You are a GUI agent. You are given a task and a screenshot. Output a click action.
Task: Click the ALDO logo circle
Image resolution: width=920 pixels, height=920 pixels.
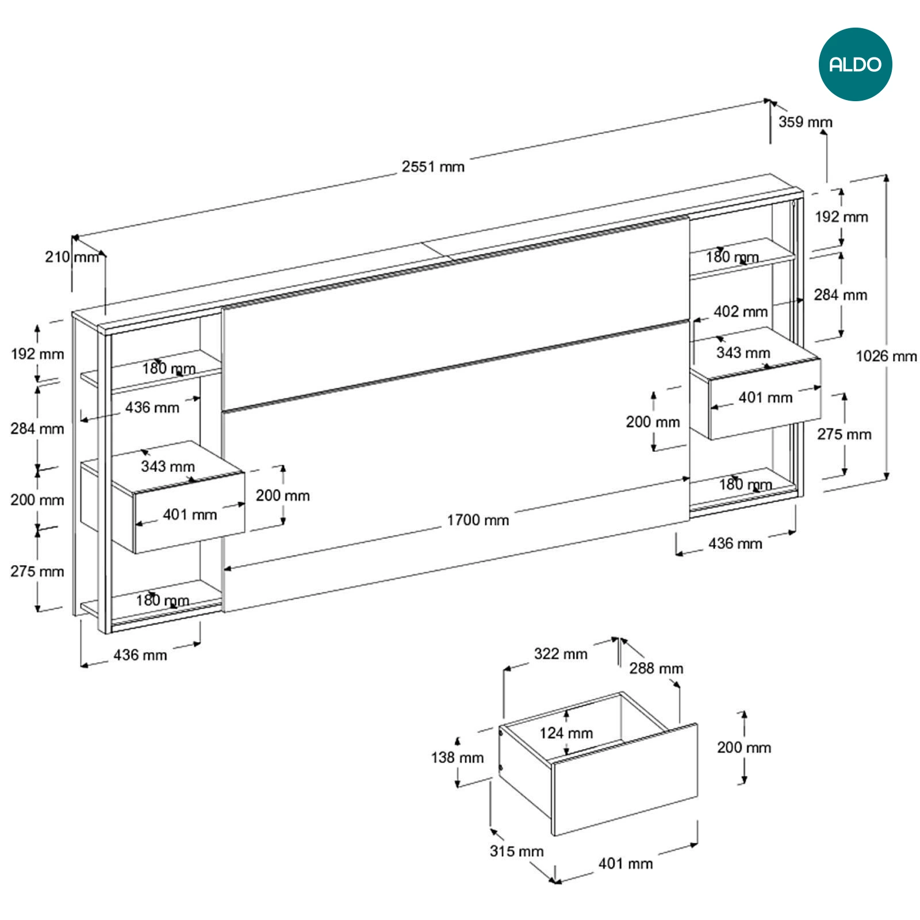pos(855,64)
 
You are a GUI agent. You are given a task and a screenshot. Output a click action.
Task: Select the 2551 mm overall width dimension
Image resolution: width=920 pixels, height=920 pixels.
pos(433,167)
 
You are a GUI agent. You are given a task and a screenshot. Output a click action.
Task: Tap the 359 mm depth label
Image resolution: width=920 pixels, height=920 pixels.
pos(806,122)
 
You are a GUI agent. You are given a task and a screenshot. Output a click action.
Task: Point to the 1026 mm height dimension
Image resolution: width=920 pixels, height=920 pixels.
pos(886,356)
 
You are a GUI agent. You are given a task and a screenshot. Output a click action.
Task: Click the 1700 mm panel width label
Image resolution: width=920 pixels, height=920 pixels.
pos(478,520)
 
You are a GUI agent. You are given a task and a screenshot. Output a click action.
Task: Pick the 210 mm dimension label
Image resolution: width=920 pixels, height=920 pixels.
pos(72,257)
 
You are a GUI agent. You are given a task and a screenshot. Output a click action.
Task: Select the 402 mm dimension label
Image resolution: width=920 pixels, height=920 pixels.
pos(741,312)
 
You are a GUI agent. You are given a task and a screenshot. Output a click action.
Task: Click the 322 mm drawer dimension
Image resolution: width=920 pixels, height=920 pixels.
pos(561,654)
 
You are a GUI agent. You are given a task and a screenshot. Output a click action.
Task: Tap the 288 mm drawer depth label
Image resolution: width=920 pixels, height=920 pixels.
pos(656,668)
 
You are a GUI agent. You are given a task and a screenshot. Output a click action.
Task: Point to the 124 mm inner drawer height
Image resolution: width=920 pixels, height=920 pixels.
pos(566,733)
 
